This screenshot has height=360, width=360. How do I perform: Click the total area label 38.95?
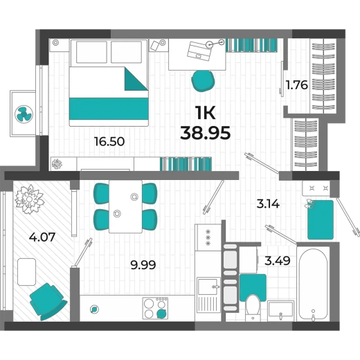coord(205,134)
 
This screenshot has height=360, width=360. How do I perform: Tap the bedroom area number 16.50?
coord(109,141)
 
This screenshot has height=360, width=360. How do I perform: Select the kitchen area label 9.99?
coord(143,264)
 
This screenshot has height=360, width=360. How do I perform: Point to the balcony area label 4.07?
coord(42,237)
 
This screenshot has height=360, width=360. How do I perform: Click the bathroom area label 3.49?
coord(277,261)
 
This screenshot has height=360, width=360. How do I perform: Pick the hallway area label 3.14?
coord(268,204)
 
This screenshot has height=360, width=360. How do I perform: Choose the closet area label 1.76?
coord(297,85)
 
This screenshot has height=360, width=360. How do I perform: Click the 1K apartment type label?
coord(205,113)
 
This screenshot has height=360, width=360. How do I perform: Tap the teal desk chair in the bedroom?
coord(203,81)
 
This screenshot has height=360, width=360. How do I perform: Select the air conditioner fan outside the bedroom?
coord(24,114)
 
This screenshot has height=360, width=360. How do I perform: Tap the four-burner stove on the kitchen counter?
coord(155,308)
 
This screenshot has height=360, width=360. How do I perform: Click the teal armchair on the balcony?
coord(48,301)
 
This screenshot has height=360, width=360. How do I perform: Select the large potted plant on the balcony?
coord(29,199)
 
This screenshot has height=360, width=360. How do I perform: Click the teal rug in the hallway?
coord(321,219)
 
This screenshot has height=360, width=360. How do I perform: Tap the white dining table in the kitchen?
coord(125,206)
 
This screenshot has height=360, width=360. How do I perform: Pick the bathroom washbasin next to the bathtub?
coord(281,311)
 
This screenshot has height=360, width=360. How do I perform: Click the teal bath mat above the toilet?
coord(253,287)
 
